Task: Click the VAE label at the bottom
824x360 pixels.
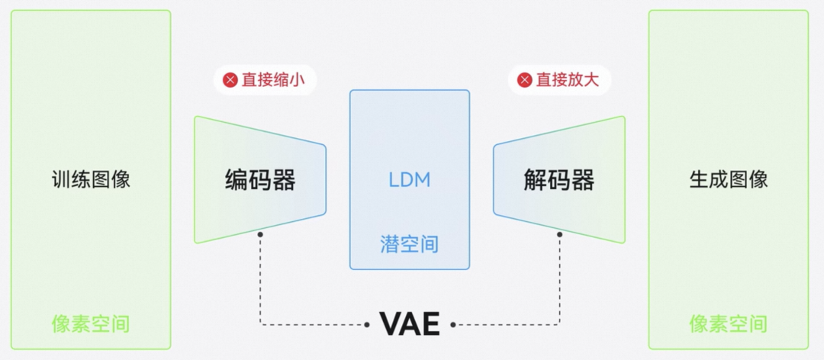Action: coord(410,324)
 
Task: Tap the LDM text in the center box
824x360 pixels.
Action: coord(409,180)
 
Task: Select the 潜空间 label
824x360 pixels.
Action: coord(409,244)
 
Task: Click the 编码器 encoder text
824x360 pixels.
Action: coord(260,180)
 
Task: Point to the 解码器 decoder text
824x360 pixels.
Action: coord(558,180)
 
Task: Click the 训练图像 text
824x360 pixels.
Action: coord(91,180)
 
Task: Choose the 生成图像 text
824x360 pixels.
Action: coord(728,180)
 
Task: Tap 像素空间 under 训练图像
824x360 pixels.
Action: coord(91,323)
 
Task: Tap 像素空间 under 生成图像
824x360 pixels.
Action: coord(728,323)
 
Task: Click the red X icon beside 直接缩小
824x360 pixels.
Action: coord(230,80)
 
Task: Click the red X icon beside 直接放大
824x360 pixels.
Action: coord(525,80)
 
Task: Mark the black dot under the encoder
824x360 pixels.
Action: coord(260,234)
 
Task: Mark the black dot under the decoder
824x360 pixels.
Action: coord(559,234)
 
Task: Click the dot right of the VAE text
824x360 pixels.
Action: coord(452,325)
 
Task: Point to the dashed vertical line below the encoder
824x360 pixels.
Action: coord(260,278)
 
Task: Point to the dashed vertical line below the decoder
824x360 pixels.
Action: coord(559,278)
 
